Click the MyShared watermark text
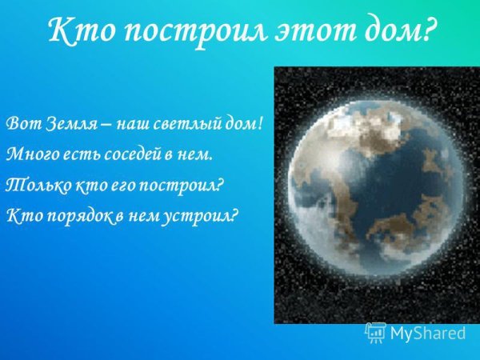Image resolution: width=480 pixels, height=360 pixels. point(428,332)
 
